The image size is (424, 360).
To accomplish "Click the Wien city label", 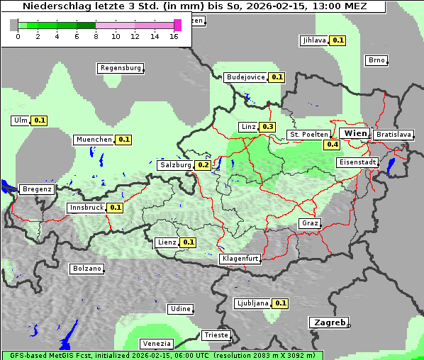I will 355,133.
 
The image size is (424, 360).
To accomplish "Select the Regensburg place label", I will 120,68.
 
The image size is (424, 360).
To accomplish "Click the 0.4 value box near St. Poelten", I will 332,145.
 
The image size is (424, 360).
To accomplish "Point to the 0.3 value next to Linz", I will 267,127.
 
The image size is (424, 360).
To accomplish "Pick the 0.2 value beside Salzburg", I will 203,165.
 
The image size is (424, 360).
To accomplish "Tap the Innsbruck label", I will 86,208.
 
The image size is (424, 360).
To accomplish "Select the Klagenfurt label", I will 240,259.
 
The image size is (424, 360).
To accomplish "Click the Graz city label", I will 310,223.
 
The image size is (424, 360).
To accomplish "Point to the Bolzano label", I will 87,269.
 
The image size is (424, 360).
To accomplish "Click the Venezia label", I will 156,344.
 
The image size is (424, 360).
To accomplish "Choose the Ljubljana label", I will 252,303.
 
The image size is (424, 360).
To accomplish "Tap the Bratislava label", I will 394,134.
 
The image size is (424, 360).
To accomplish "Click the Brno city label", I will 376,60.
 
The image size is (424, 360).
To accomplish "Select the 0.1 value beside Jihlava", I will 338,40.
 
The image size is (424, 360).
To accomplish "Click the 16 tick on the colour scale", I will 174,36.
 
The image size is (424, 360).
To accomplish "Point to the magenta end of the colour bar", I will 177,25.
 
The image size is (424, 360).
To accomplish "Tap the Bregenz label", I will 37,189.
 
